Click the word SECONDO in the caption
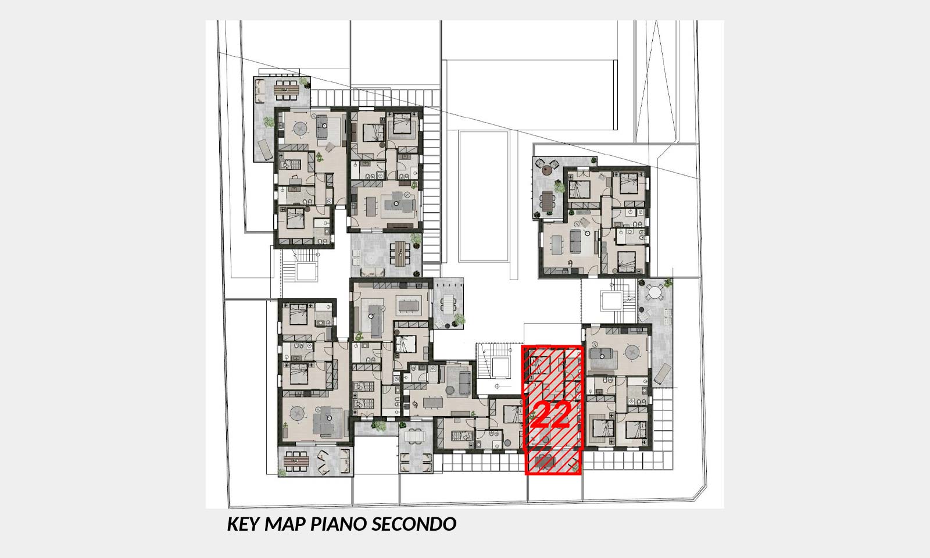pos(414,524)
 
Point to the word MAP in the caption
pos(285,524)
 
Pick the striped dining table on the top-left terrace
pos(285,90)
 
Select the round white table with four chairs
pos(654,292)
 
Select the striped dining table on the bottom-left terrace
pos(296,460)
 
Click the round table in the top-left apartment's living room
pos(300,128)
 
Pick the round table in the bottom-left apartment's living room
pos(297,413)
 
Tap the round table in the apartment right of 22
pos(632,353)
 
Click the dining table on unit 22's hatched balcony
pos(544,462)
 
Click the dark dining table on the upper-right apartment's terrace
pos(548,201)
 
